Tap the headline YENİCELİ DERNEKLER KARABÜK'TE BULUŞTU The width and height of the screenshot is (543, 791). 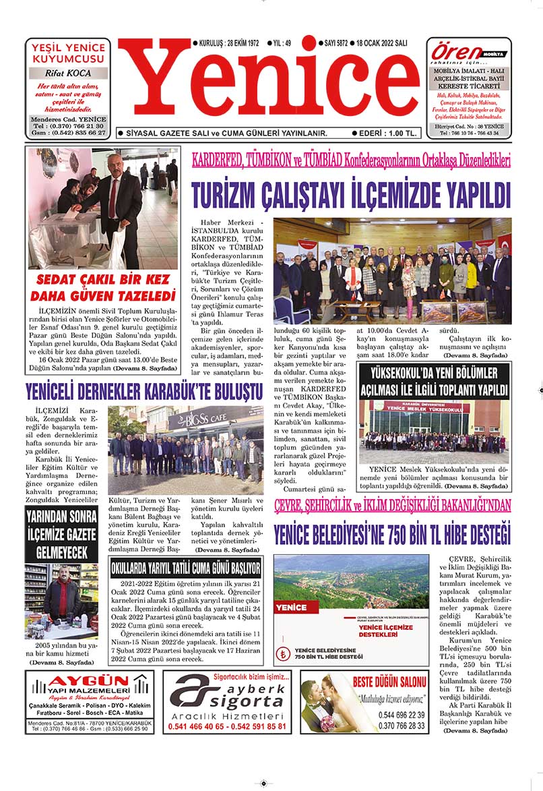[x=143, y=391]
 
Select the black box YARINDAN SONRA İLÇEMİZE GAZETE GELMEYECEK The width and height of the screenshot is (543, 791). [x=61, y=535]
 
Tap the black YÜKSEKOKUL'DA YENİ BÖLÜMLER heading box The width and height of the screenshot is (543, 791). [x=433, y=382]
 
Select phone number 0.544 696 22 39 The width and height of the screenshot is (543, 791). [x=402, y=715]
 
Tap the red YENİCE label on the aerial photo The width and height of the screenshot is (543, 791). [x=292, y=608]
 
